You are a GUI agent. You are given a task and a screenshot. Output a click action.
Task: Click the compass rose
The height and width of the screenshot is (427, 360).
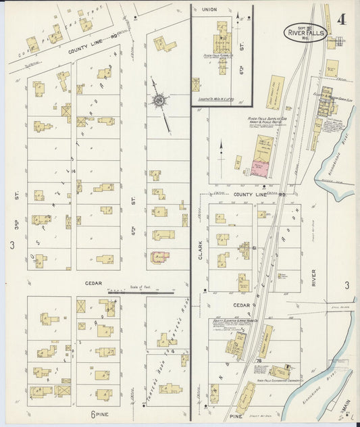[x=160, y=102]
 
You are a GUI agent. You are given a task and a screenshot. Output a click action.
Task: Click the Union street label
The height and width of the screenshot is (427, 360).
[x=209, y=9]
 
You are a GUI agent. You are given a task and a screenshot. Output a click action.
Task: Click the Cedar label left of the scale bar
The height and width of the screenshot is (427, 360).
[x=93, y=284]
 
